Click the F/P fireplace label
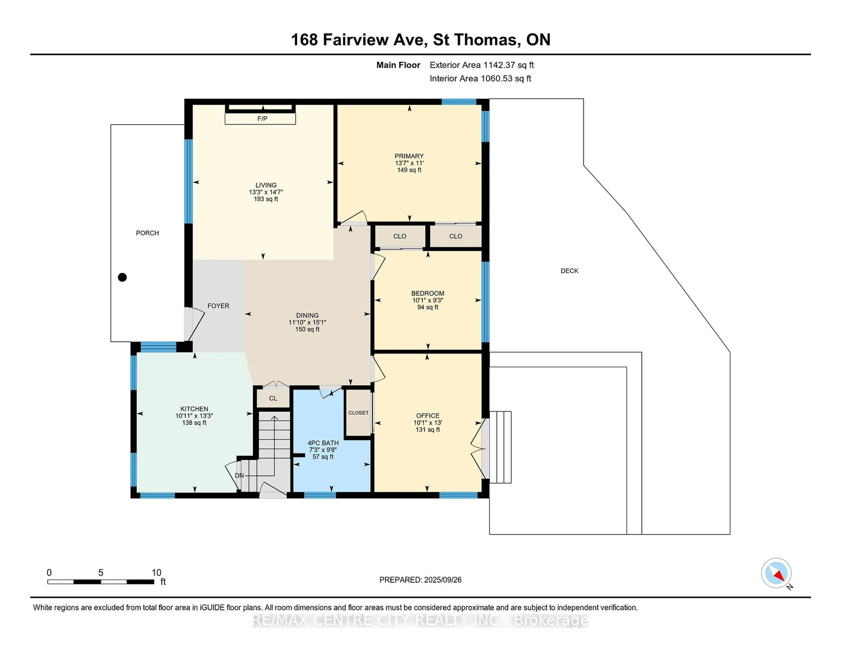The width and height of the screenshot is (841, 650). (262, 119)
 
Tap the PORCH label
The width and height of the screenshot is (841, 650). (147, 233)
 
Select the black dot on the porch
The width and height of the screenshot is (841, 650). (122, 277)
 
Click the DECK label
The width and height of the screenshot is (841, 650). (569, 271)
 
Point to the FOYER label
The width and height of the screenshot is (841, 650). (218, 306)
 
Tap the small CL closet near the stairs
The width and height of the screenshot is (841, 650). (273, 398)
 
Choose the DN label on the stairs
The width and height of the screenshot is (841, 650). (239, 475)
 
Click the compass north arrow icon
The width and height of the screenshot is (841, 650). (776, 573)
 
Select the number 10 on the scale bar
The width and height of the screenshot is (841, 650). (156, 573)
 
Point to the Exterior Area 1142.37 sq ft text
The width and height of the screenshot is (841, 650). (482, 65)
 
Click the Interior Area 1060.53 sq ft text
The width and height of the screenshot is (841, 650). (481, 79)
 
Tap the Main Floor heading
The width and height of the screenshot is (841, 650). (398, 65)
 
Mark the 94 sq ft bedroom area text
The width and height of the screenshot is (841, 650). (428, 307)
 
